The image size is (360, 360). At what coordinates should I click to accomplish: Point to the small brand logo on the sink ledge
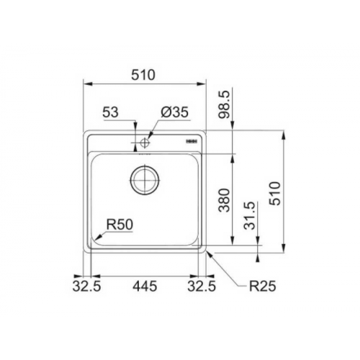click(192, 143)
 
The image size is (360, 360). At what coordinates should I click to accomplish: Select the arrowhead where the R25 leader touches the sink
click(207, 253)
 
